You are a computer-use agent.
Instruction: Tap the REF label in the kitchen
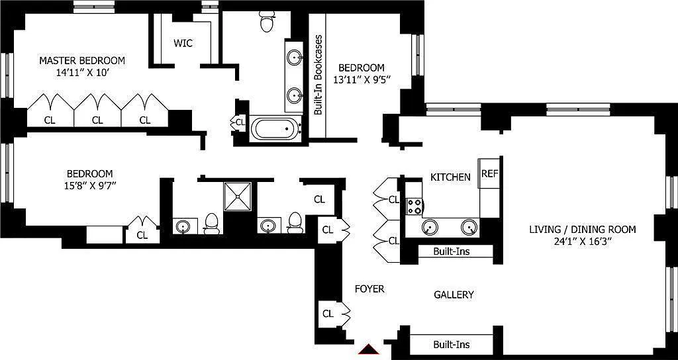(x=489, y=173)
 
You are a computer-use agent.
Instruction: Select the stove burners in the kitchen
(x=415, y=206)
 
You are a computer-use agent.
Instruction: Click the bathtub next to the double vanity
(x=275, y=128)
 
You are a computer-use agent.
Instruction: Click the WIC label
(x=183, y=43)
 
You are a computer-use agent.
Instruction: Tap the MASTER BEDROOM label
(x=82, y=60)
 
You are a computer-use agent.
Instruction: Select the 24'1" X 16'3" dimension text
(x=582, y=242)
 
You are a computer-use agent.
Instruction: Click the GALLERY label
(x=454, y=294)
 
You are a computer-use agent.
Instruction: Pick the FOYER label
(x=369, y=289)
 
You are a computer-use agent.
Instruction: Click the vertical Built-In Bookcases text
(x=318, y=75)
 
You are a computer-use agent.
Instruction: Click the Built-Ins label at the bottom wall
(x=452, y=344)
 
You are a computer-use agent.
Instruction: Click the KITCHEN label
(x=450, y=177)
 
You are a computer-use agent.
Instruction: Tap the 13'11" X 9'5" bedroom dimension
(x=362, y=80)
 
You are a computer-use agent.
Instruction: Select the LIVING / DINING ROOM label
(x=582, y=230)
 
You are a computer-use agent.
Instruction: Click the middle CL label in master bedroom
(x=97, y=120)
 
